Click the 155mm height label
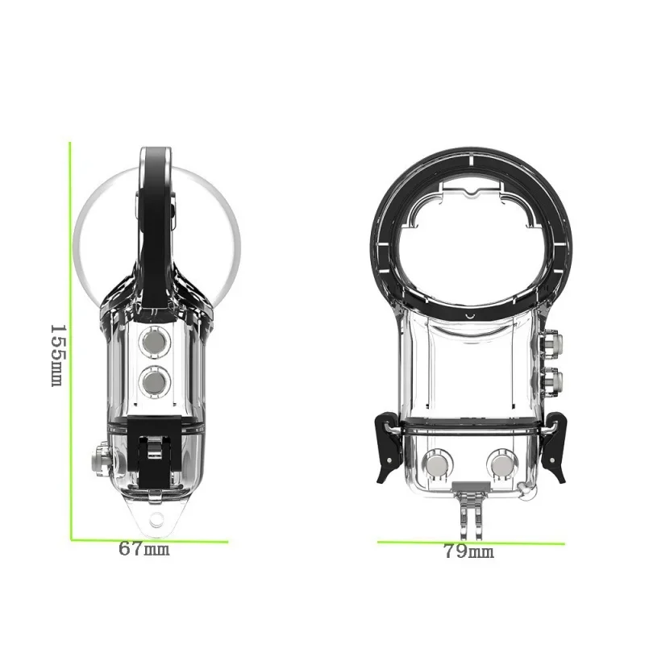57,355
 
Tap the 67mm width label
144,550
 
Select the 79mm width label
468,552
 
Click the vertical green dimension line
70,339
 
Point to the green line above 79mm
471,542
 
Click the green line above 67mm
149,540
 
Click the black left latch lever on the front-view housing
386,447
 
